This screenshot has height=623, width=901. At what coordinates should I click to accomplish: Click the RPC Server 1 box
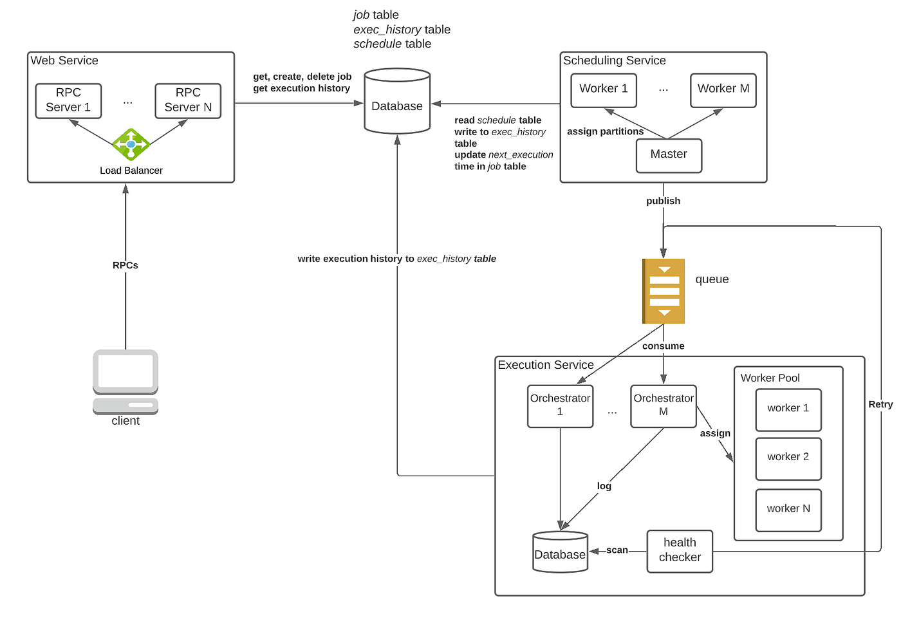coord(68,100)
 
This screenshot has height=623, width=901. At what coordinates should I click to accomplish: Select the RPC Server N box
coord(188,100)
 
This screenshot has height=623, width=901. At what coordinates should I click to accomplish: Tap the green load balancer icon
coord(131,145)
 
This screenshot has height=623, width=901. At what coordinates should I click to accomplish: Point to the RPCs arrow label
coord(125,265)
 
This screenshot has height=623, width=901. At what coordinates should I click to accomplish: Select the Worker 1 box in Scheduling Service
coord(604,90)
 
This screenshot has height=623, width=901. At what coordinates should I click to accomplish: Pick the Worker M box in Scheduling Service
coord(723,90)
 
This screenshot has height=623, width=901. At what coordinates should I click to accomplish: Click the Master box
coord(669,155)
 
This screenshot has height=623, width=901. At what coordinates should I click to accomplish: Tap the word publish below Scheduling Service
coord(663,201)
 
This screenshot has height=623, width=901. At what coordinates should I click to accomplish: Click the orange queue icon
coord(664,291)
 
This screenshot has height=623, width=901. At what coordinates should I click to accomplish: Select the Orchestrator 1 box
coord(560,406)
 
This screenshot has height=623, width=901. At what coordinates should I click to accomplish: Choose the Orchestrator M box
coord(664,406)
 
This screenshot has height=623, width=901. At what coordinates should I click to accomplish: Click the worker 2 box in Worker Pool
coord(788,458)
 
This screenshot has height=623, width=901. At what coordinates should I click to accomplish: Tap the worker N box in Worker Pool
coord(788,510)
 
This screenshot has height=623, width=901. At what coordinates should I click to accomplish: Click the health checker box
coord(680,551)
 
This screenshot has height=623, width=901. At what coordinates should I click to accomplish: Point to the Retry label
coord(880,404)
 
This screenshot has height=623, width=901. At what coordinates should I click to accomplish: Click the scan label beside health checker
coord(617,550)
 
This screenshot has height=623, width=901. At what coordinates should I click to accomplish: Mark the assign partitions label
coord(605,131)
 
